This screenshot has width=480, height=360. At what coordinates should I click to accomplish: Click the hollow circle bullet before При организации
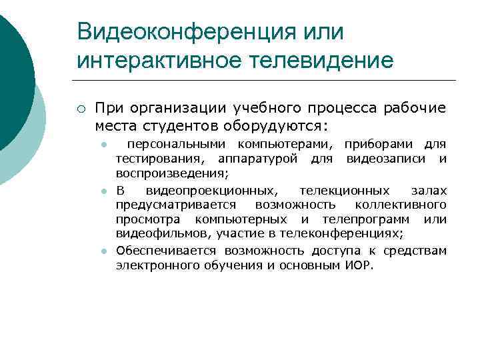tap(81, 109)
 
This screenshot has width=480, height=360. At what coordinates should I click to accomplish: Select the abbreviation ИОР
tap(360, 265)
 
